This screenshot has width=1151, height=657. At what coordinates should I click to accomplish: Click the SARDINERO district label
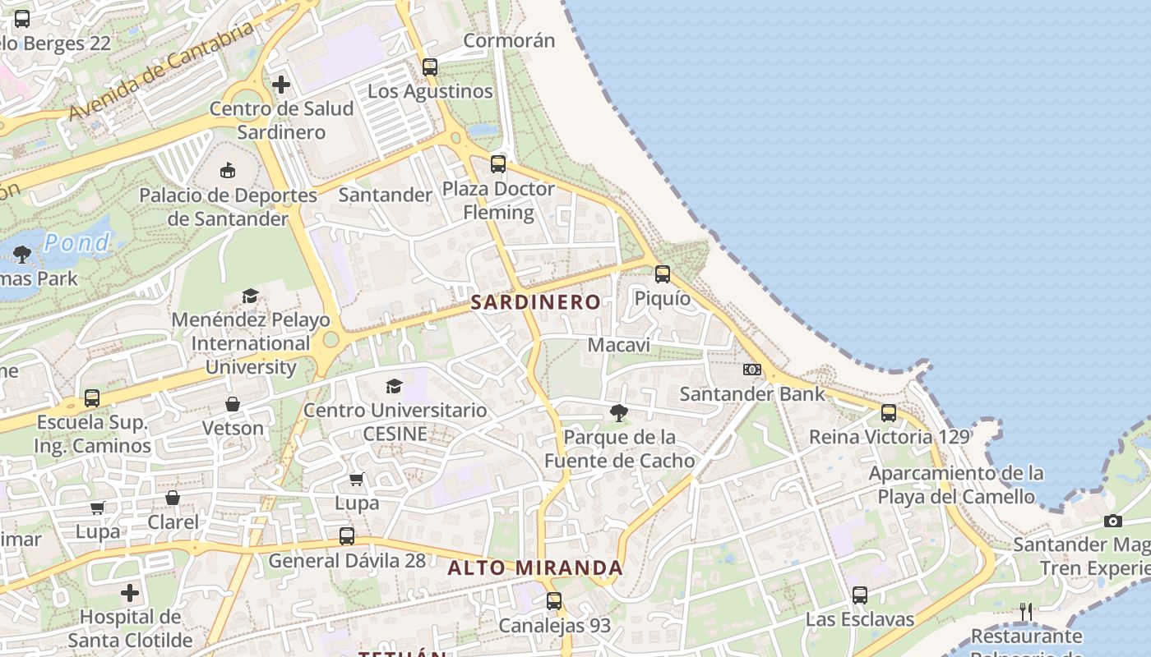point(535,302)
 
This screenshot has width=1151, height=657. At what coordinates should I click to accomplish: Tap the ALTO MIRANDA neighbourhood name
point(535,568)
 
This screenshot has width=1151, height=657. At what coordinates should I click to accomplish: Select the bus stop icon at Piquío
point(663,274)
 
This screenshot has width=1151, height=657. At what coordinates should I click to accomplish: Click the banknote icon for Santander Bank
point(752,370)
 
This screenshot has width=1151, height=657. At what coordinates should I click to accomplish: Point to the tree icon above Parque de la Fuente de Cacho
point(619,413)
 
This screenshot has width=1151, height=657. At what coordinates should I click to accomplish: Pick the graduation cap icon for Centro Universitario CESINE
point(395,386)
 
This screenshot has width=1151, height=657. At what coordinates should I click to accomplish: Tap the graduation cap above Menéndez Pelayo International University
point(250,296)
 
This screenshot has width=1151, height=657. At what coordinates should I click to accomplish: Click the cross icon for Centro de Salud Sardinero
point(281,85)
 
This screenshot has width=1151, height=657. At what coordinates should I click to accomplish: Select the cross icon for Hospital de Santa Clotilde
point(130,593)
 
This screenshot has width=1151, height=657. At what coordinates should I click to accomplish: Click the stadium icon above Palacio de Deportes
point(228,171)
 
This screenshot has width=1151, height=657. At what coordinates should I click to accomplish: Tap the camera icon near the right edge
point(1113,521)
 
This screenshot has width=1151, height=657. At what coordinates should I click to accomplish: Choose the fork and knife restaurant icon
point(1025,612)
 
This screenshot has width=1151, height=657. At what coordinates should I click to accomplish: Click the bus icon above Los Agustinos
point(430,67)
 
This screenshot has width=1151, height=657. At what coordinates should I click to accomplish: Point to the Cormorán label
point(509,40)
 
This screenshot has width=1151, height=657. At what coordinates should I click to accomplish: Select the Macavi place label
point(618,345)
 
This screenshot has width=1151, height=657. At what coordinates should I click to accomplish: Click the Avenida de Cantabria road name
point(161,71)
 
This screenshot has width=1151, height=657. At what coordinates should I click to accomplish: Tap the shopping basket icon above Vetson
point(233,404)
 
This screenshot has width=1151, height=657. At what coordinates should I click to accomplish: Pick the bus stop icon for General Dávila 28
point(347,536)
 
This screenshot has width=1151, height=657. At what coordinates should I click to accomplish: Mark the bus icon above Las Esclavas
point(860,595)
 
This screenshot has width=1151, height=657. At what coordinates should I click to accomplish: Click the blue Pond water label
point(76,243)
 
